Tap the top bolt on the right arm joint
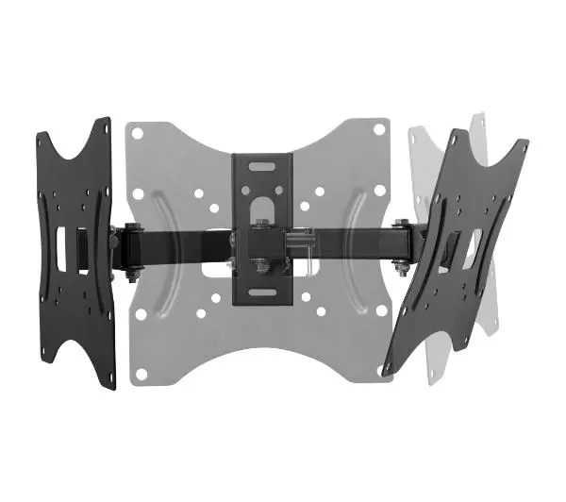(x=402, y=226)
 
